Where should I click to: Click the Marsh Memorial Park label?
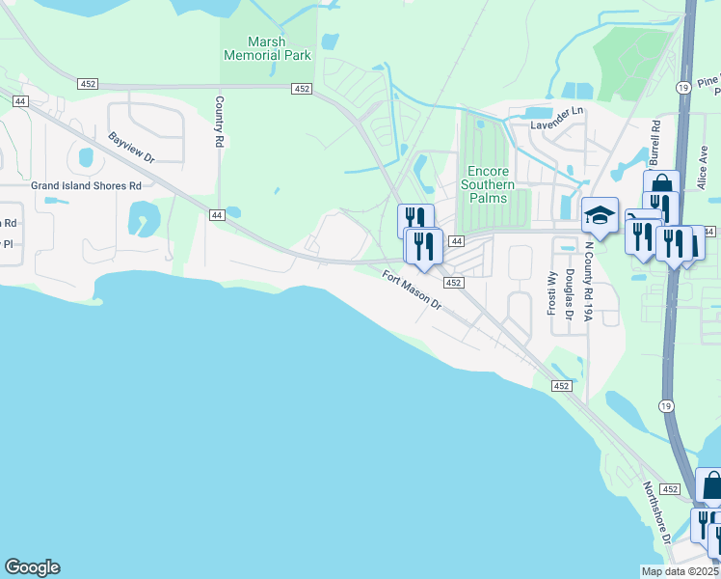pos(267,48)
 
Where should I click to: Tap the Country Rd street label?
pos(220,121)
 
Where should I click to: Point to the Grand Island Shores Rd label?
pos(86,185)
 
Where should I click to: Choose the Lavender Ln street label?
pos(557,111)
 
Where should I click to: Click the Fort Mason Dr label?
pos(410,289)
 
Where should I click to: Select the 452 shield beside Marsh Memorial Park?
pos(302,89)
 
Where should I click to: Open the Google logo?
pos(33,567)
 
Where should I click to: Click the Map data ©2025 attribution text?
pos(680,571)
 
